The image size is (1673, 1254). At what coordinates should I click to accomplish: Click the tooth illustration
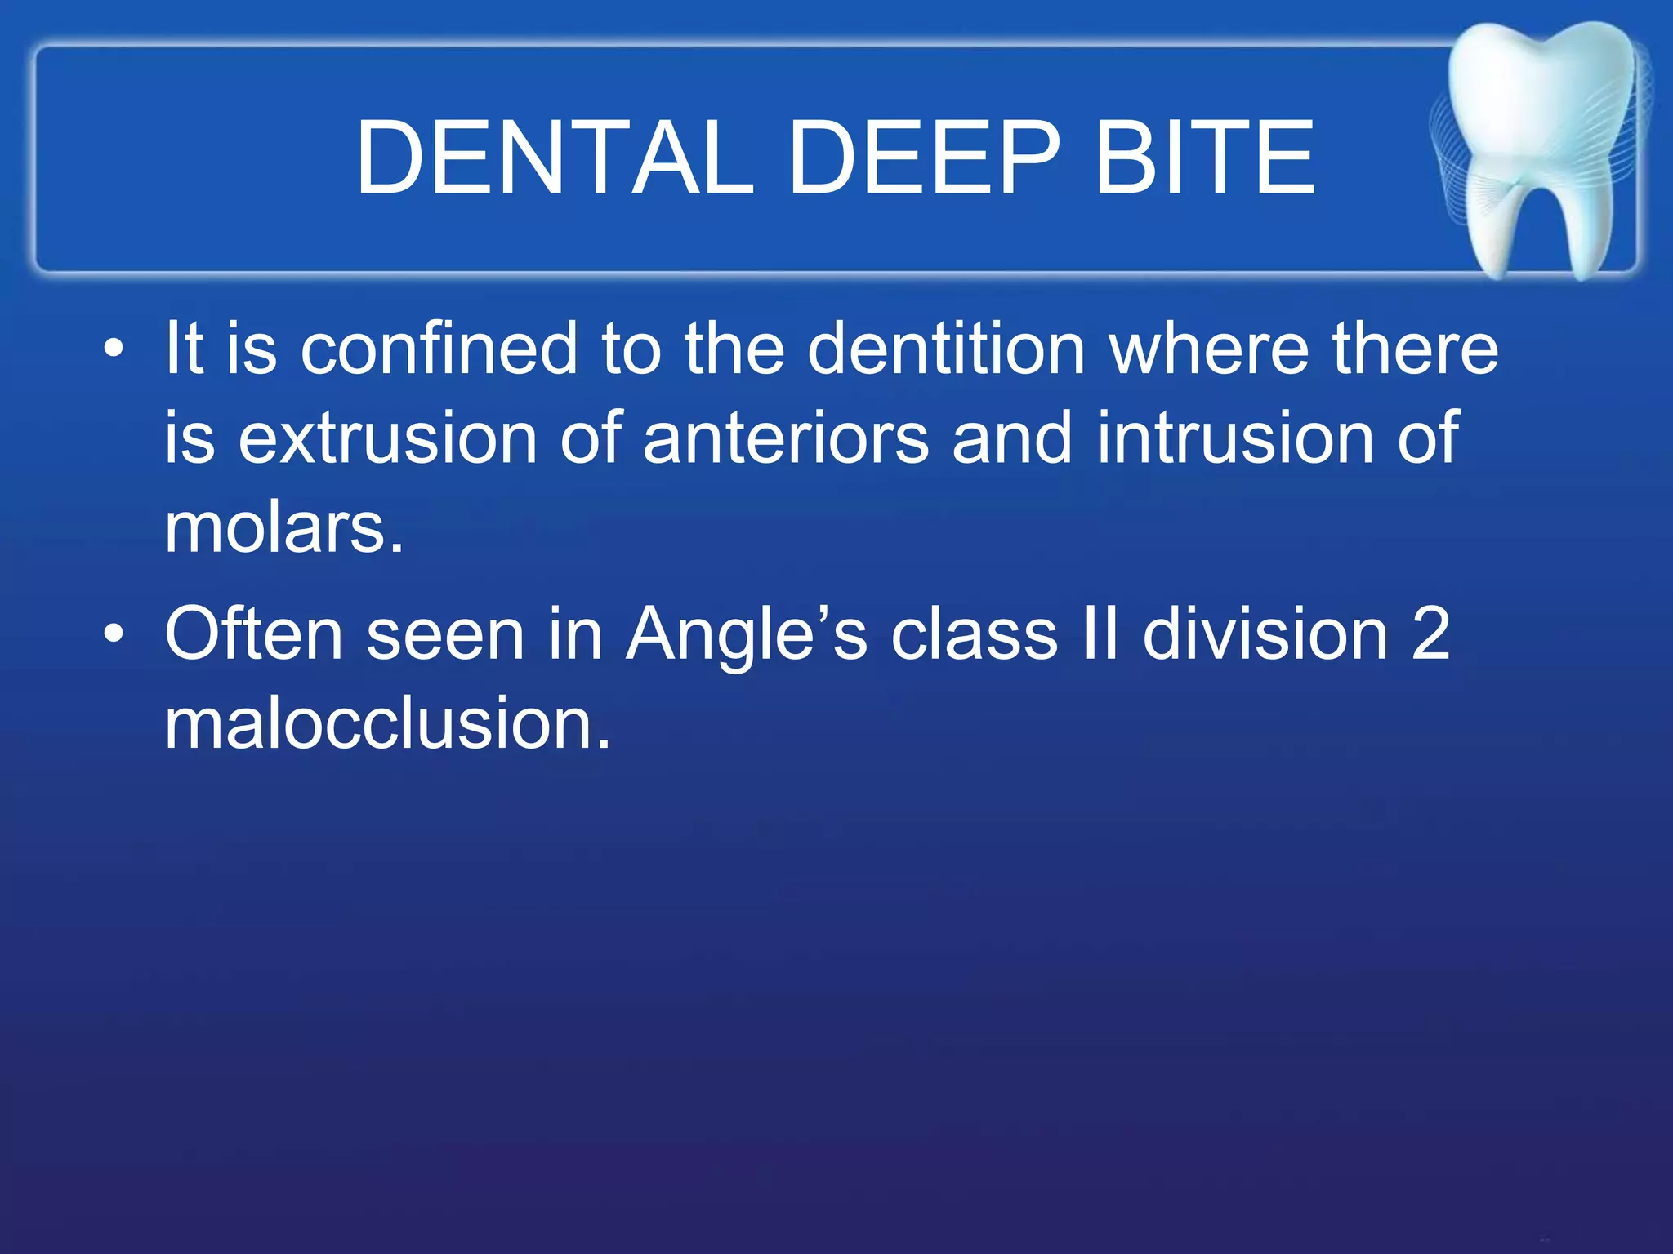point(1540,147)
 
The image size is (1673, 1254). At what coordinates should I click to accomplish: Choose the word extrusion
point(387,438)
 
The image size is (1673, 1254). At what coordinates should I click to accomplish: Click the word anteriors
point(786,438)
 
